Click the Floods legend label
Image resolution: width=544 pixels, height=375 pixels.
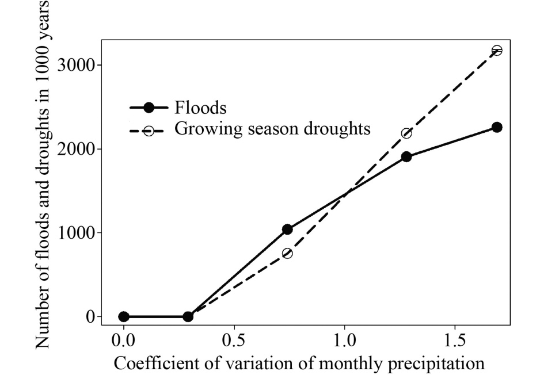[200, 108]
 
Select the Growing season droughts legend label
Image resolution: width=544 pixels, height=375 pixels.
[272, 129]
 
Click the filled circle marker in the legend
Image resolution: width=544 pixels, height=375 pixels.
[149, 108]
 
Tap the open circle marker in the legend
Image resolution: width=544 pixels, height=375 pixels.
[149, 130]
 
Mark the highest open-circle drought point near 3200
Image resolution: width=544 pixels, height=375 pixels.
[497, 51]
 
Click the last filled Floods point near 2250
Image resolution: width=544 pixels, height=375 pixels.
[497, 127]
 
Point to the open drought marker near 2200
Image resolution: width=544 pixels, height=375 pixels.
[406, 133]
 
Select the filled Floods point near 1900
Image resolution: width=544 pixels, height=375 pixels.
[406, 156]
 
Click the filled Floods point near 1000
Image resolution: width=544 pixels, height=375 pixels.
[287, 229]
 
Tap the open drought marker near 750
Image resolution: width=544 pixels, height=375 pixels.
[287, 253]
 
